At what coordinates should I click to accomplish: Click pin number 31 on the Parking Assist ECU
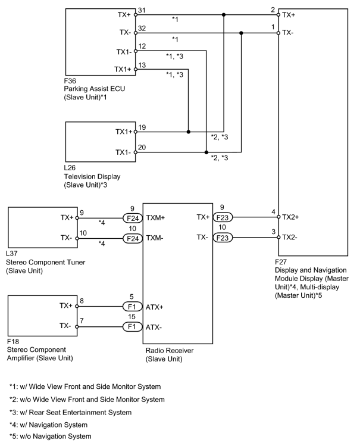point(142,11)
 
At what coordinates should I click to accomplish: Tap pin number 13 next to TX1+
point(142,65)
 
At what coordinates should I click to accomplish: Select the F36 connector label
point(70,81)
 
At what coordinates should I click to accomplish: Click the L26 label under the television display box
point(70,168)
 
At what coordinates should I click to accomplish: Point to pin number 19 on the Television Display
point(142,127)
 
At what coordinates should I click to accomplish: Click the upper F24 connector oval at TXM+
point(133,218)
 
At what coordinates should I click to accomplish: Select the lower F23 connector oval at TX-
point(223,238)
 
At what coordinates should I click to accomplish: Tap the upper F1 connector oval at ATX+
point(132,307)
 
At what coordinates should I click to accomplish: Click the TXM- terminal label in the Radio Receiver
point(155,238)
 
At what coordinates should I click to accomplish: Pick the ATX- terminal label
point(154,328)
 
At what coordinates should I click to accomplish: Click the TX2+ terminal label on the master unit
point(290,217)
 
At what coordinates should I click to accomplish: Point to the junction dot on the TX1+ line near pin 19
point(189,132)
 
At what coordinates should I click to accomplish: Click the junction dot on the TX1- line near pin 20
point(206,152)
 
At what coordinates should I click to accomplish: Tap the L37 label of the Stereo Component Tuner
point(12,254)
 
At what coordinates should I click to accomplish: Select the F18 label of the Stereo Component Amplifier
point(12,341)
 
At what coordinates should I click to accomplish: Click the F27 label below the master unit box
point(281,261)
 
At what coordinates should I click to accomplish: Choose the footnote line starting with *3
point(70,413)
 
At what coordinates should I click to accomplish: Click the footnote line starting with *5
point(51,436)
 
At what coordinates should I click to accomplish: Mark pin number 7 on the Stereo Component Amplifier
point(82,321)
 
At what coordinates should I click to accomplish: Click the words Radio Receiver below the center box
point(170,350)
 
